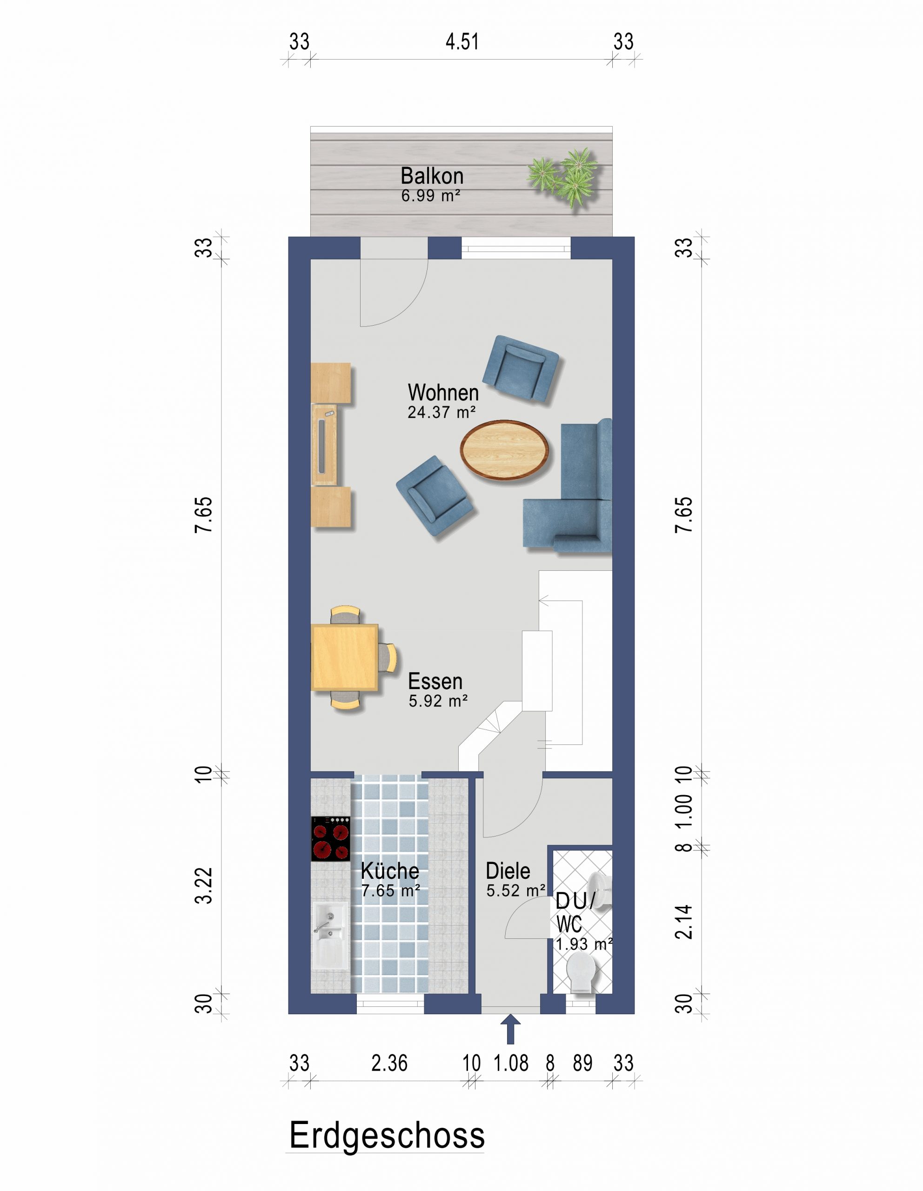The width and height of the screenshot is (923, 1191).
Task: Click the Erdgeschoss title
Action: pos(387,1136)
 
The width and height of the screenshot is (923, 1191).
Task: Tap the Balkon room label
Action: pos(432,176)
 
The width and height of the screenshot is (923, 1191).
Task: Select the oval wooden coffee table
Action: pos(504,450)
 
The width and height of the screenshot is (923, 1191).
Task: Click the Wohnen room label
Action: pos(443,393)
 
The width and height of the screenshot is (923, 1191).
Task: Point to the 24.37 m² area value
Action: pos(441,412)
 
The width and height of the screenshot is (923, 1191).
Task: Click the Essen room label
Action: pos(435,682)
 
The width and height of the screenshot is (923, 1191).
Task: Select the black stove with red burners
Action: pos(330,839)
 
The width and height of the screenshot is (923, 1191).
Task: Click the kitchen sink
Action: pos(330,935)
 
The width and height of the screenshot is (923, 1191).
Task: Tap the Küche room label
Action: pos(390,871)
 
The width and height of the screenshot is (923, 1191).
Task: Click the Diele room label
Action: pos(508,871)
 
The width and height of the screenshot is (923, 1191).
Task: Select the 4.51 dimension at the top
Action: pos(462,42)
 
